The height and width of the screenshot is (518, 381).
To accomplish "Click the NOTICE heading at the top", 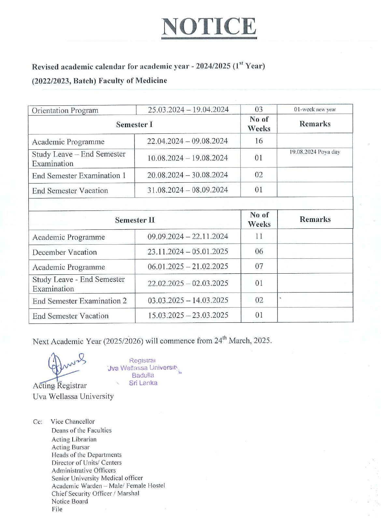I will click(x=209, y=27).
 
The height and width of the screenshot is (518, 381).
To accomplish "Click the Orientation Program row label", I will click(x=65, y=110).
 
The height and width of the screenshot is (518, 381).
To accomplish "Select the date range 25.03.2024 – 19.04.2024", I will click(x=188, y=110).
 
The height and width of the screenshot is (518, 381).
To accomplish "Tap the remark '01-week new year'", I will click(x=315, y=109).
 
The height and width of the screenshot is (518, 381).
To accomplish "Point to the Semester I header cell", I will click(x=134, y=125).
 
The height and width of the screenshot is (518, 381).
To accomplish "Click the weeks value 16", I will click(x=259, y=141).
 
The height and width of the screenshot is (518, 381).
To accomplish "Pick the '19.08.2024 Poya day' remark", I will click(x=315, y=152).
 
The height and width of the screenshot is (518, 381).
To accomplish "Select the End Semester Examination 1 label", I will click(x=79, y=176).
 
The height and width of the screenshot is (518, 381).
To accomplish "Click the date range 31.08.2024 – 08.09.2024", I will click(x=187, y=190).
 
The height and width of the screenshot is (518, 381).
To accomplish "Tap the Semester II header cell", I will click(x=135, y=220).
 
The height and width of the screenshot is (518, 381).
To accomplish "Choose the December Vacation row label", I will click(x=64, y=252).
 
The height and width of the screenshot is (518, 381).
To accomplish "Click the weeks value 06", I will click(x=259, y=251).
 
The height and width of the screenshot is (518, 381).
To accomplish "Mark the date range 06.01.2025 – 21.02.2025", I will click(x=188, y=266).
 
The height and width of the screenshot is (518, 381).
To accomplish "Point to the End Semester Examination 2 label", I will click(x=79, y=301).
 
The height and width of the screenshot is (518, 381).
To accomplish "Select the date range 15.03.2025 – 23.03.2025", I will click(x=188, y=315).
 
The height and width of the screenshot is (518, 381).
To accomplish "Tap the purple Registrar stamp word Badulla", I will click(x=143, y=375).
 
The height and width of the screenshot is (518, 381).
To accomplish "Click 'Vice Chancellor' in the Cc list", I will click(x=73, y=422).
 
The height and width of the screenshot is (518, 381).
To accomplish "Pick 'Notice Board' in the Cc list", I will click(x=70, y=501).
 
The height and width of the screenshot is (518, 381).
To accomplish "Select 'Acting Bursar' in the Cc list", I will click(x=70, y=447).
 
